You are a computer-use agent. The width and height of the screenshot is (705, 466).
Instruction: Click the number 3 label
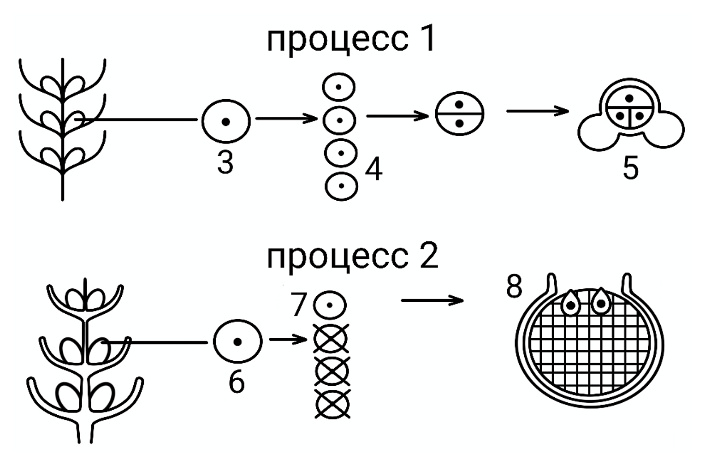pyautogui.click(x=225, y=162)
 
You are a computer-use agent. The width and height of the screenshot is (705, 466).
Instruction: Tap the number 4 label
pyautogui.click(x=373, y=169)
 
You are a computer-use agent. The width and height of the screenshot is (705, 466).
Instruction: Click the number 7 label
pyautogui.click(x=298, y=304)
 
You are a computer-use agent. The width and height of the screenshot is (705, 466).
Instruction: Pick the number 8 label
pyautogui.click(x=514, y=287)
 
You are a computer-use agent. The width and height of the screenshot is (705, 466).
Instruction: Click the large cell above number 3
pyautogui.click(x=226, y=121)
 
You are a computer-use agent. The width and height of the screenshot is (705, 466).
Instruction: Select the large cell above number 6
pyautogui.click(x=237, y=341)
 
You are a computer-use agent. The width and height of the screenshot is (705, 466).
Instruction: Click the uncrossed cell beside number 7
pyautogui.click(x=330, y=305)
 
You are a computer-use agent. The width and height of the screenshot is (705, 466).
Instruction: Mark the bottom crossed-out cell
pyautogui.click(x=332, y=404)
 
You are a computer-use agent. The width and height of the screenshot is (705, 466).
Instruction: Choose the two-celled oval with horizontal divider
pyautogui.click(x=460, y=114)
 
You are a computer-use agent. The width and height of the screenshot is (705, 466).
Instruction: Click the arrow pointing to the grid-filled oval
pyautogui.click(x=432, y=300)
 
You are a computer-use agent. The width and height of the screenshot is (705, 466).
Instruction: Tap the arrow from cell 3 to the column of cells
pyautogui.click(x=286, y=119)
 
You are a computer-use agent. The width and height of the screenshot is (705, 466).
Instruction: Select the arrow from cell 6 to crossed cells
pyautogui.click(x=288, y=340)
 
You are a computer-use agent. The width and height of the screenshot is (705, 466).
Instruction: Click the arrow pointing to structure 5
pyautogui.click(x=538, y=111)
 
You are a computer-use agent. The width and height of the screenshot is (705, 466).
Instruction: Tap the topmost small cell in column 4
pyautogui.click(x=338, y=87)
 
